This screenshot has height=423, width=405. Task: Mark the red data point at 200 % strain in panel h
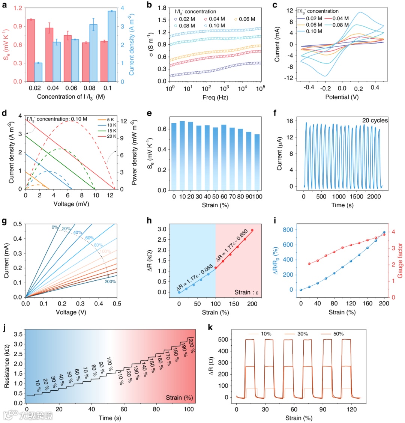coord(252,230)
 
